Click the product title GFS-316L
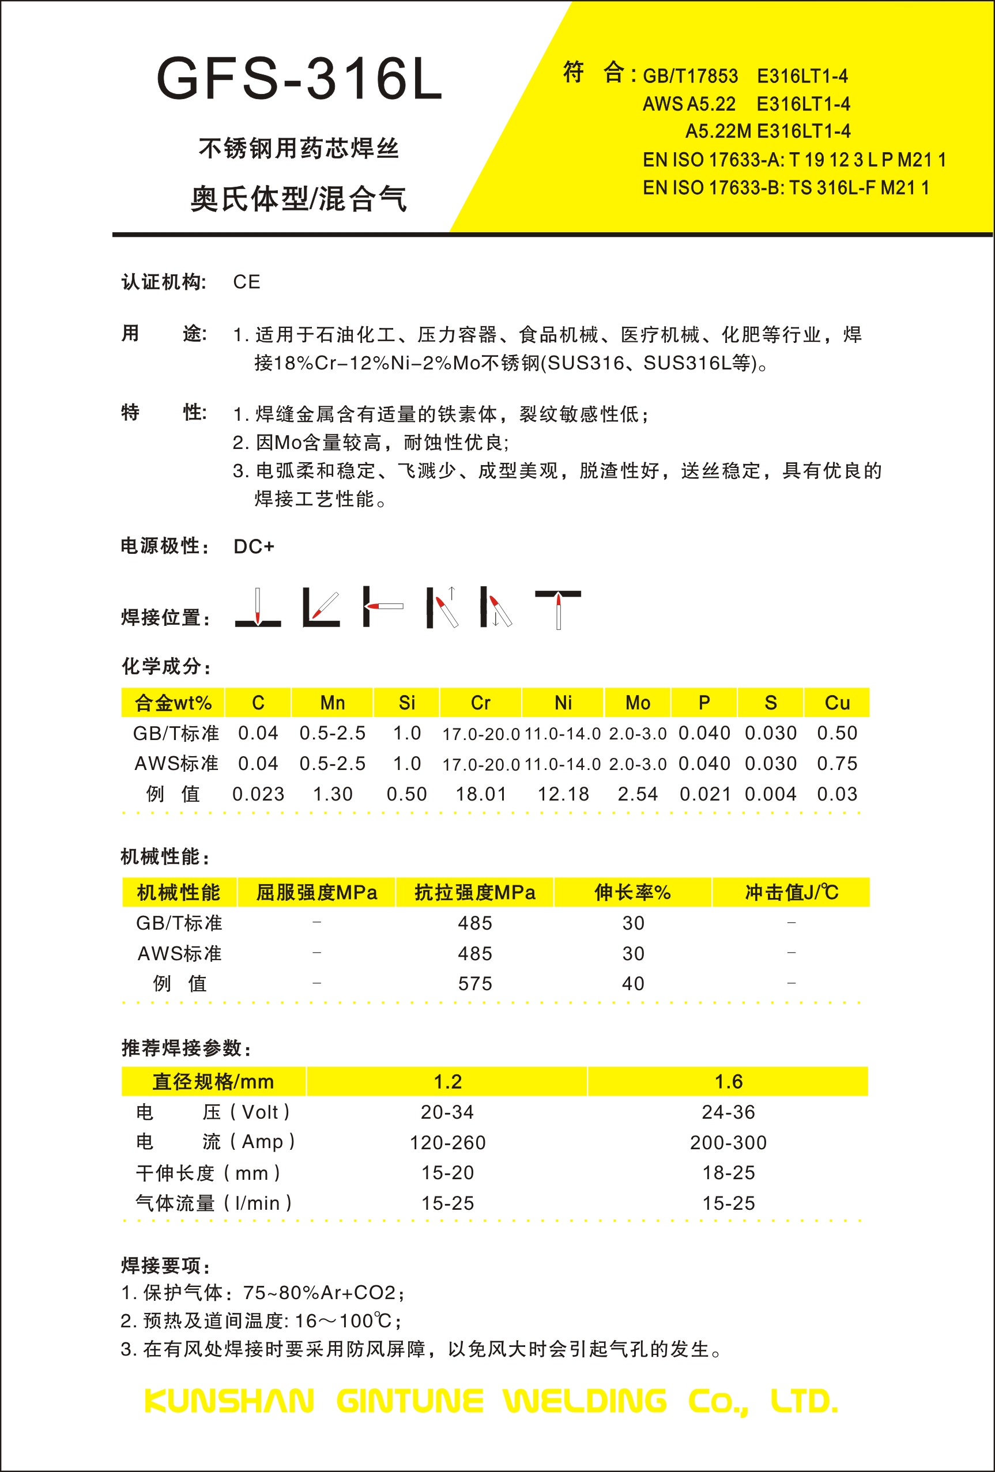click(299, 79)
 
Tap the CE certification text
click(246, 282)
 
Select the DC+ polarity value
click(253, 546)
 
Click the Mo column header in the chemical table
click(637, 703)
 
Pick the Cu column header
click(836, 703)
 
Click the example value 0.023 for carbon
click(258, 794)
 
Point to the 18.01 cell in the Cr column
click(481, 794)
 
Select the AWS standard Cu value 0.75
click(836, 763)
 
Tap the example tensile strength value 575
click(474, 984)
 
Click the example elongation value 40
click(633, 984)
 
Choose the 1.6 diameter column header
click(728, 1081)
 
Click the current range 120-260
click(447, 1142)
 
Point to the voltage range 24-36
click(728, 1112)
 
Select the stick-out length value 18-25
click(728, 1172)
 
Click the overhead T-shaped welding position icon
click(558, 609)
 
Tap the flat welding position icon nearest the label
click(258, 609)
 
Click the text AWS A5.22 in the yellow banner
click(689, 104)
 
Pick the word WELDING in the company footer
click(585, 1401)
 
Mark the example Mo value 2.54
click(637, 794)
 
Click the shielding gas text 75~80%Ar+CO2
click(320, 1292)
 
